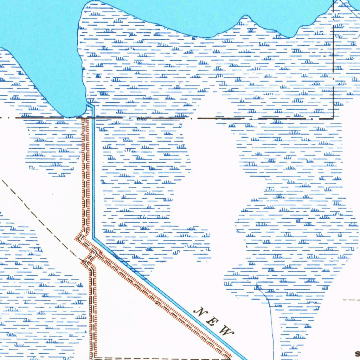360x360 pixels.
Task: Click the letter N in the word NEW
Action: point(202,311)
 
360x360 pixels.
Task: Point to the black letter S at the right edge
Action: point(357,354)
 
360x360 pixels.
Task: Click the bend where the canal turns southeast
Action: point(94,238)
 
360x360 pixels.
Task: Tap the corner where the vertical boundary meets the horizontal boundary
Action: point(333,118)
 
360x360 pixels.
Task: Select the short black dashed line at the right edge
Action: point(352,300)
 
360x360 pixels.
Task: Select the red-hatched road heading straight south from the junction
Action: point(93,309)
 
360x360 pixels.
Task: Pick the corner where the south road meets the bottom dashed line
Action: point(94,358)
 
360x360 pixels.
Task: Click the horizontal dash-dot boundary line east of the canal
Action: point(211,118)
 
